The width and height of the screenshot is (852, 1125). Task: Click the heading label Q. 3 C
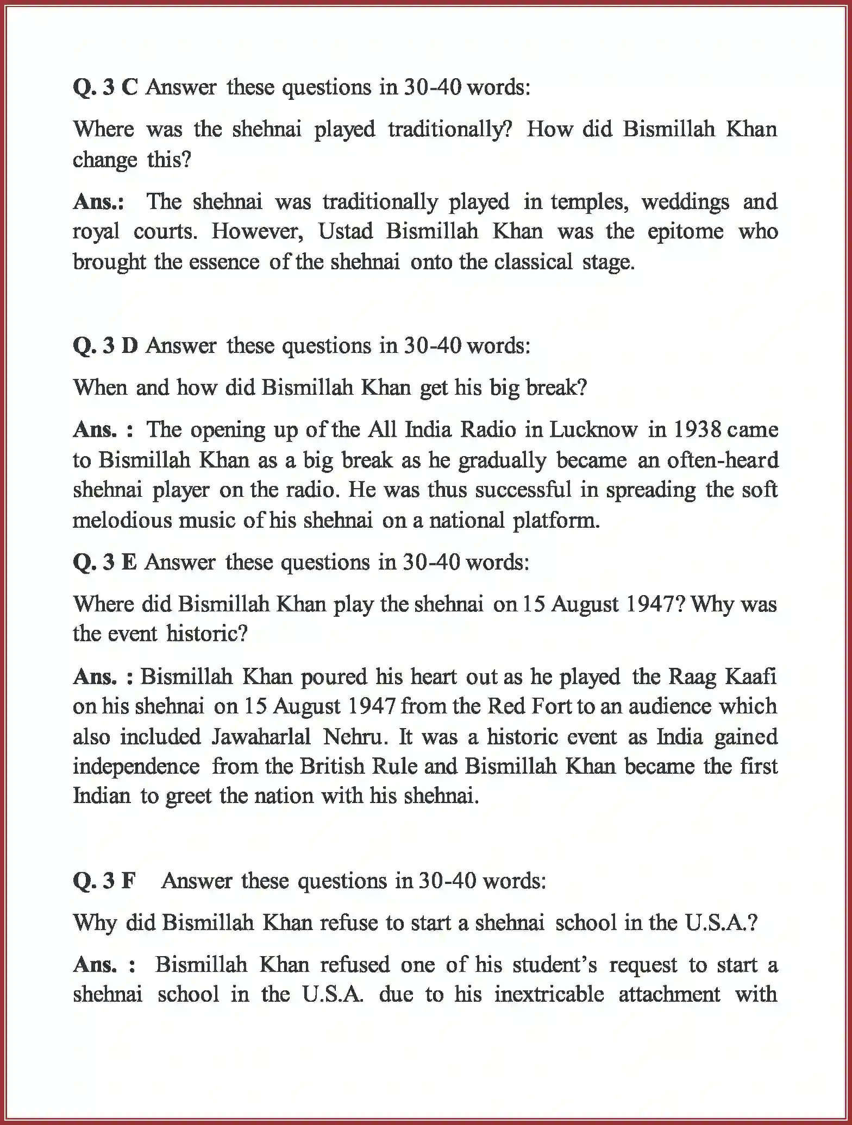pyautogui.click(x=105, y=87)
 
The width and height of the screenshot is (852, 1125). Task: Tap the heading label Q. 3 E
pyautogui.click(x=104, y=562)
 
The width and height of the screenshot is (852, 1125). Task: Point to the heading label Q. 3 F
pyautogui.click(x=103, y=881)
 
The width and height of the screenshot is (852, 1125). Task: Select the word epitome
pyautogui.click(x=685, y=232)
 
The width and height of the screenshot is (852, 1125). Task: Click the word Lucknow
pyautogui.click(x=593, y=430)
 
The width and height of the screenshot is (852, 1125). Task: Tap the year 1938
pyautogui.click(x=697, y=430)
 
